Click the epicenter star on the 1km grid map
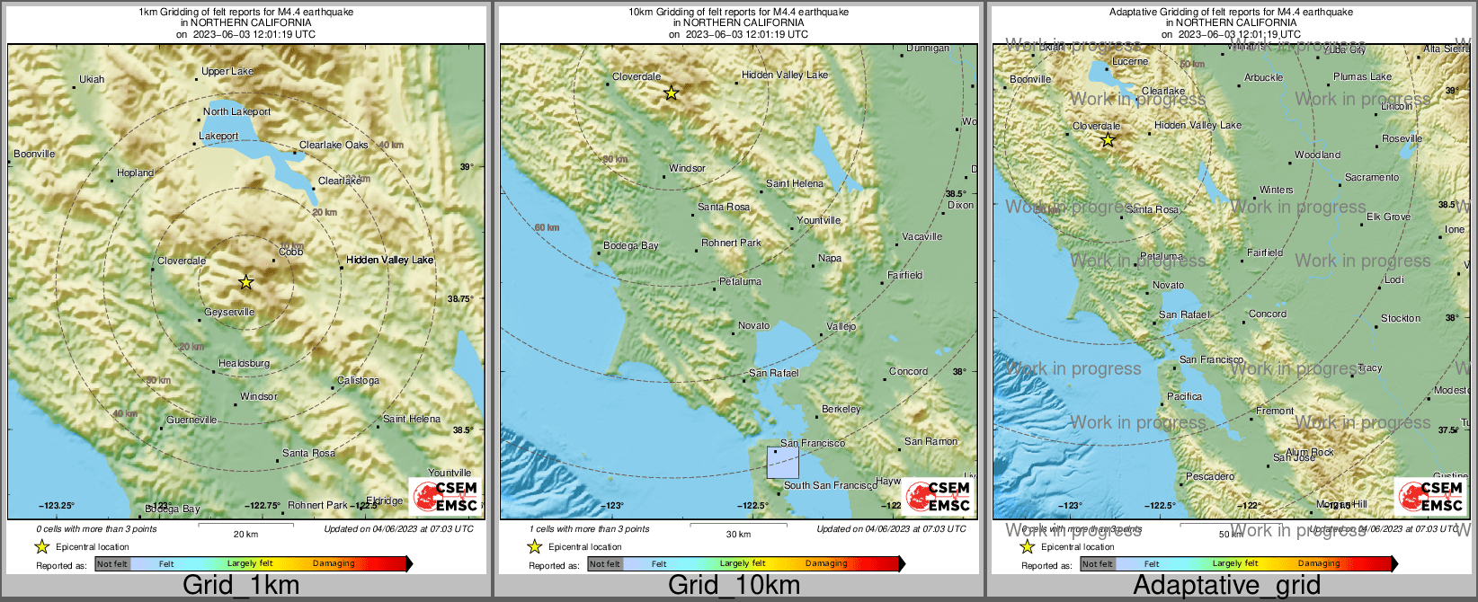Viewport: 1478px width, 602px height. click(246, 282)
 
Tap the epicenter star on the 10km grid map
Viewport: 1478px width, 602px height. click(671, 93)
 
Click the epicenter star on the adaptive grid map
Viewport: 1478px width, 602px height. click(1108, 139)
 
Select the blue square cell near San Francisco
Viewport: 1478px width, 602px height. click(782, 462)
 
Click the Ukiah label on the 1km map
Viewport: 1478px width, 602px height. click(92, 79)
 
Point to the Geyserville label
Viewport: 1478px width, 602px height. click(229, 312)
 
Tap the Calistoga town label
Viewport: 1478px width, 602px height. click(358, 380)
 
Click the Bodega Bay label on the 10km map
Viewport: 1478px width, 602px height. click(631, 245)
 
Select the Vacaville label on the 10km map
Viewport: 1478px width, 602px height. click(922, 236)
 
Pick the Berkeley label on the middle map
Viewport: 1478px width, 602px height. click(841, 409)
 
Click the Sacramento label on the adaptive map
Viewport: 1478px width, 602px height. click(1372, 177)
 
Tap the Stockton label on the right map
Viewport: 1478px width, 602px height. click(1401, 318)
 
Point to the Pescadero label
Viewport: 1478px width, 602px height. click(1210, 476)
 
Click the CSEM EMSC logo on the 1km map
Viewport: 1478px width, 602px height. click(444, 496)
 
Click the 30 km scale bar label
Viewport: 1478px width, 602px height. click(738, 534)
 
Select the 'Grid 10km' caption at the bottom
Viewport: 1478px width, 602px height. click(734, 585)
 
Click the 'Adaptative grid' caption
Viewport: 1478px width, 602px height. click(1226, 585)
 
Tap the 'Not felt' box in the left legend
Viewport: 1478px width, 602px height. click(112, 564)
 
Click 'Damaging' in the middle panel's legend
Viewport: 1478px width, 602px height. click(826, 564)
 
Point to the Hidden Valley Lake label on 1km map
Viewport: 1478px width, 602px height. click(390, 260)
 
